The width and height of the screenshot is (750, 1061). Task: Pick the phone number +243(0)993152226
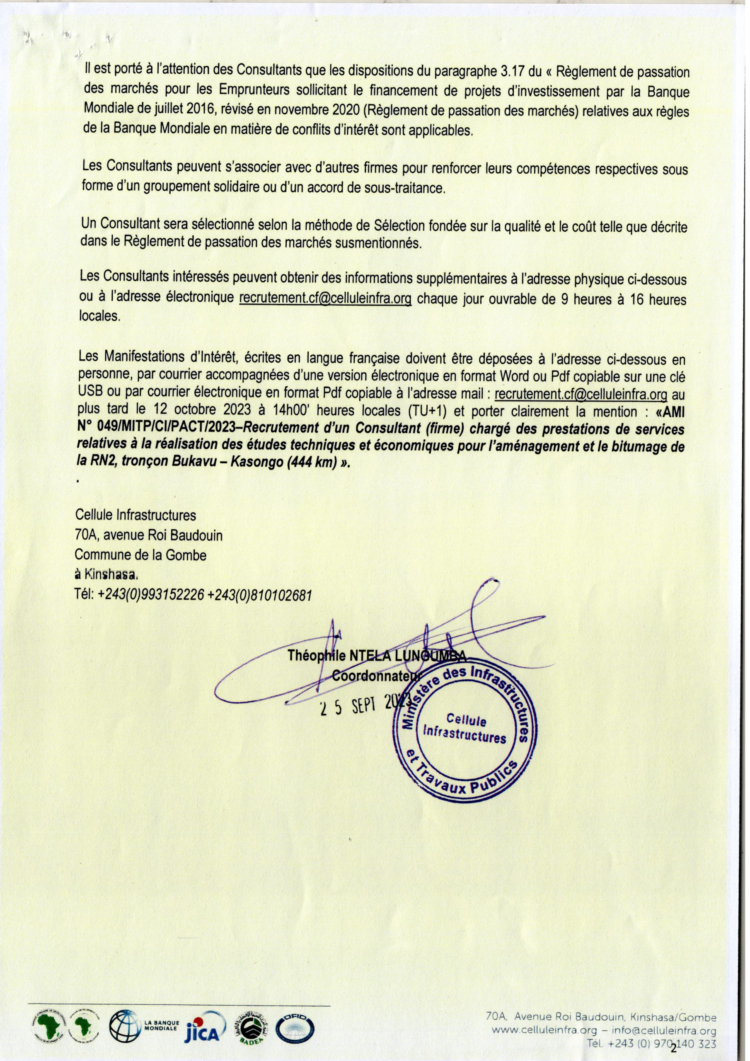(151, 596)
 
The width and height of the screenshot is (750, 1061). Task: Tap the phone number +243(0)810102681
(260, 596)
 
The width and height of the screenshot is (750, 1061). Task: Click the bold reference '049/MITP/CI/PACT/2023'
(156, 429)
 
